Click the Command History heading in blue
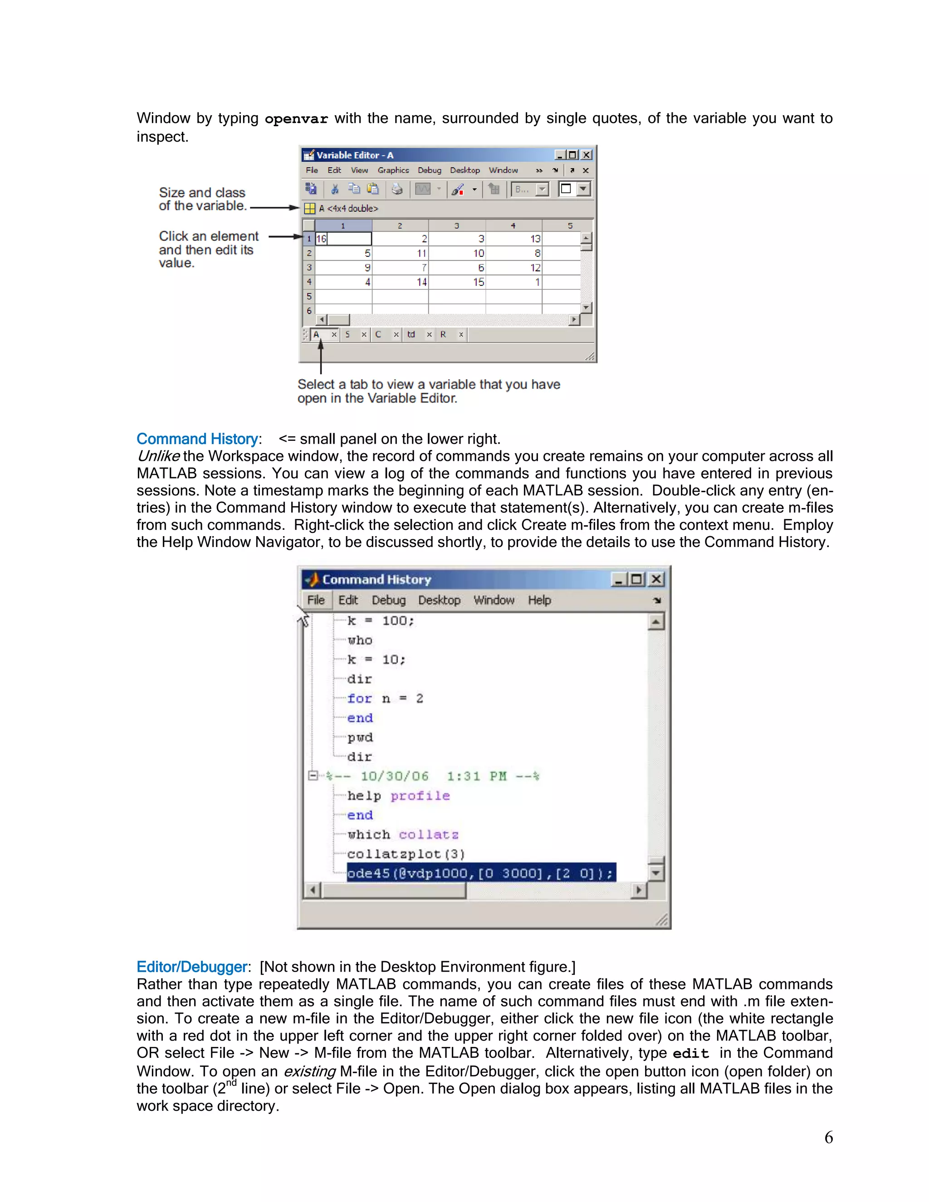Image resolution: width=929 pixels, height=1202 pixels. tap(197, 439)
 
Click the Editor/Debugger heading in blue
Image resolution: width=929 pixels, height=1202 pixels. tap(191, 967)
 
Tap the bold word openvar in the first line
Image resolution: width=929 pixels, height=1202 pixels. tap(296, 119)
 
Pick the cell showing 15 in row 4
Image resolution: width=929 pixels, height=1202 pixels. tap(457, 282)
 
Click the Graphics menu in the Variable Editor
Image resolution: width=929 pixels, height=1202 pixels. tap(393, 170)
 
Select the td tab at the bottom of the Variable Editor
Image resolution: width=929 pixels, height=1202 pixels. tap(411, 334)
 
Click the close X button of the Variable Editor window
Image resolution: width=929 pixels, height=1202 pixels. tap(587, 155)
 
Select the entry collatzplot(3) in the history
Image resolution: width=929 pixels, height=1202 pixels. tap(406, 854)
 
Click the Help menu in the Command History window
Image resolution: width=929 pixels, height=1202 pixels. tap(539, 600)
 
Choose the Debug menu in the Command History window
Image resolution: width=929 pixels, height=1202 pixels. tap(389, 600)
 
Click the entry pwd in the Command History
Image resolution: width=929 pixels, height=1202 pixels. tap(360, 737)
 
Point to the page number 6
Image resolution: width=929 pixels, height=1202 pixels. tap(828, 1137)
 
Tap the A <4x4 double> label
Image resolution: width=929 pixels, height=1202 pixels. tap(348, 209)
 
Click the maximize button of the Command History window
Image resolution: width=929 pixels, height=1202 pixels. tap(637, 579)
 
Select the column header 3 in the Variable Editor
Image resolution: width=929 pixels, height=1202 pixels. tap(456, 225)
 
